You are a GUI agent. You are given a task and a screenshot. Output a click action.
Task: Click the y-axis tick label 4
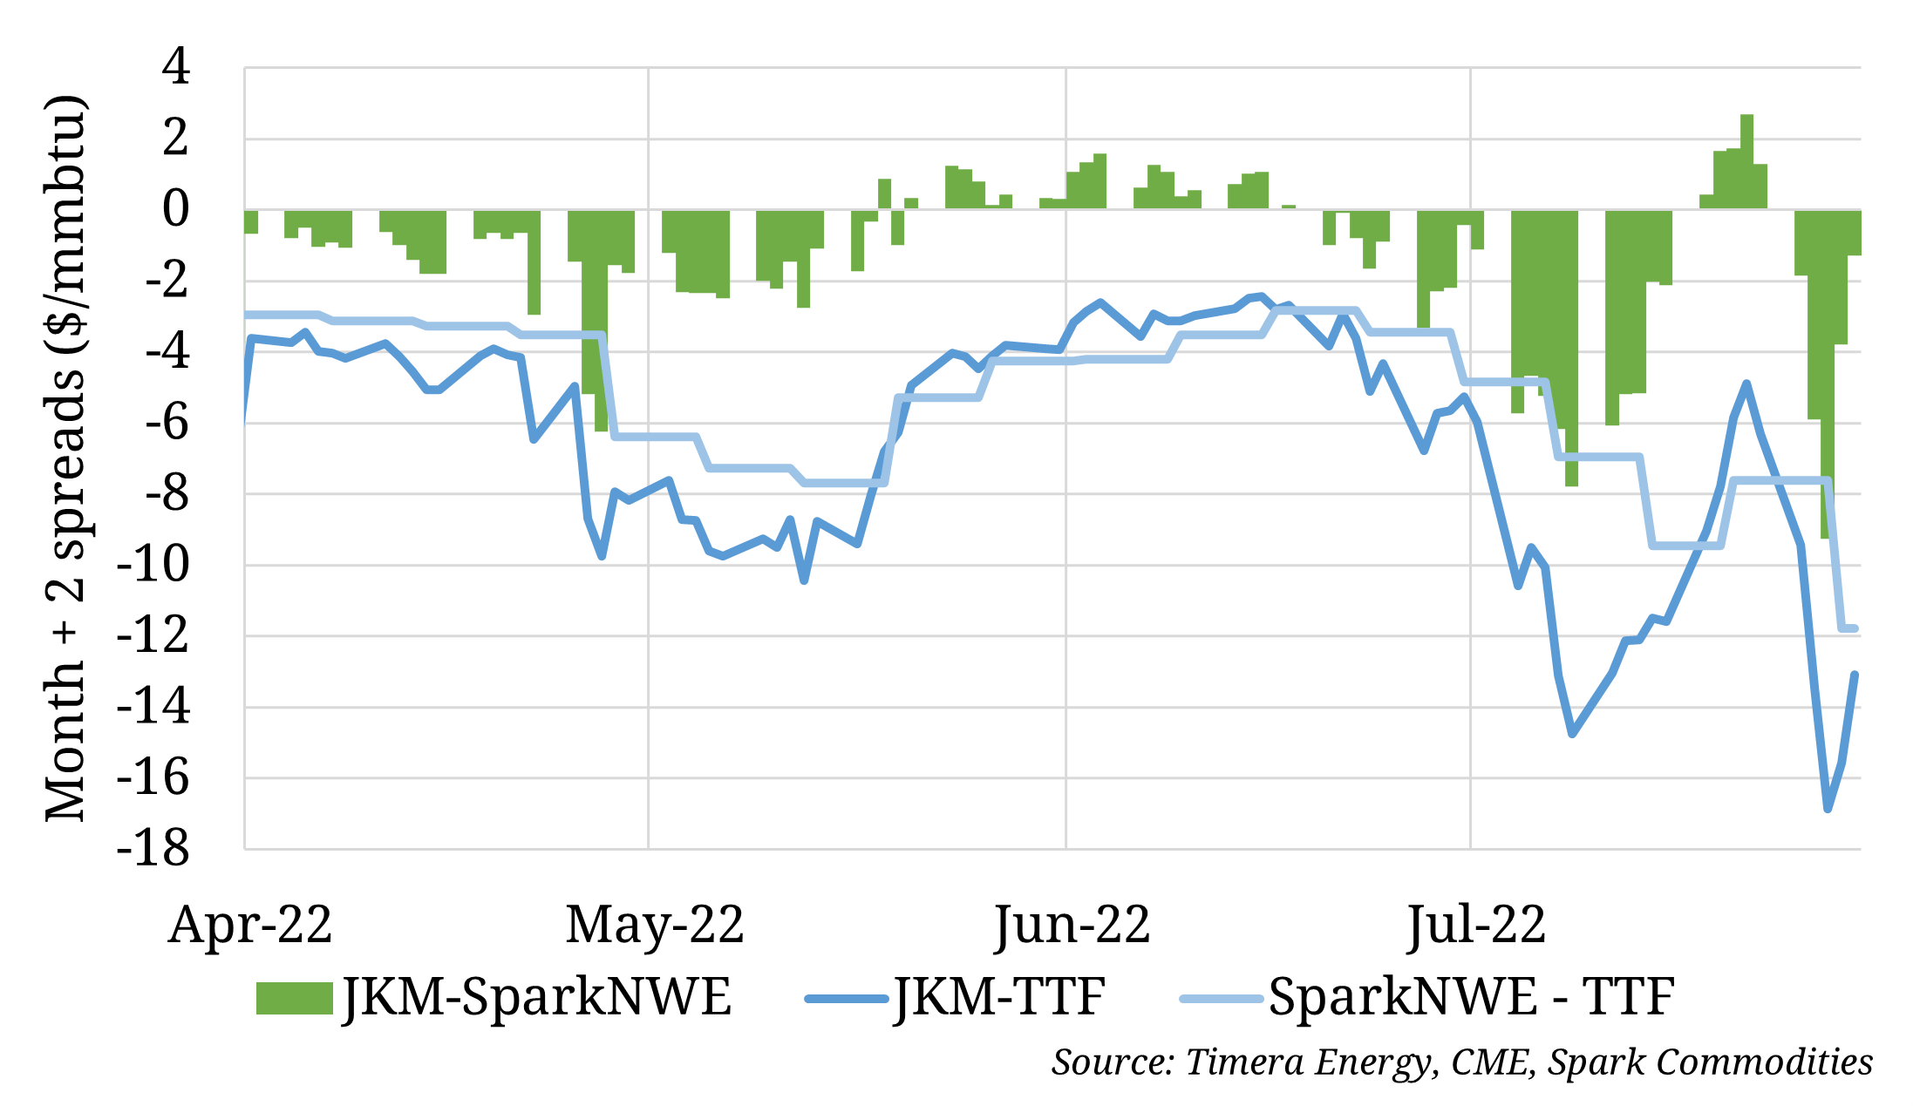176,66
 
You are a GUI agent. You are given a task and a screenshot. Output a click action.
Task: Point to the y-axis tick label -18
153,847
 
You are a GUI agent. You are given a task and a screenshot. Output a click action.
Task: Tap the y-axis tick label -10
153,565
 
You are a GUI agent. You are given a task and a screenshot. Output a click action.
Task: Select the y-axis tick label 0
176,209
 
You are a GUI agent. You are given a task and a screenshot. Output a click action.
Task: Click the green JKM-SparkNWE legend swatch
294,999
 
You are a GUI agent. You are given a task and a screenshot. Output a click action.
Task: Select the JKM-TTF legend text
999,997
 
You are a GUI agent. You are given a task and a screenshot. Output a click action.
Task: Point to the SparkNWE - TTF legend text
1471,997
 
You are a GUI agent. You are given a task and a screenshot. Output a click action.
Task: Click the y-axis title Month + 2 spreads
66,458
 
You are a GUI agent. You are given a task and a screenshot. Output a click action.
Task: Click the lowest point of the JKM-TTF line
1828,809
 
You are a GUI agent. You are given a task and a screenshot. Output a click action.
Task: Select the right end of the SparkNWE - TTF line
1855,628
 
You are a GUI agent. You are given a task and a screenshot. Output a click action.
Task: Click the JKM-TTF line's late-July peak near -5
1746,383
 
